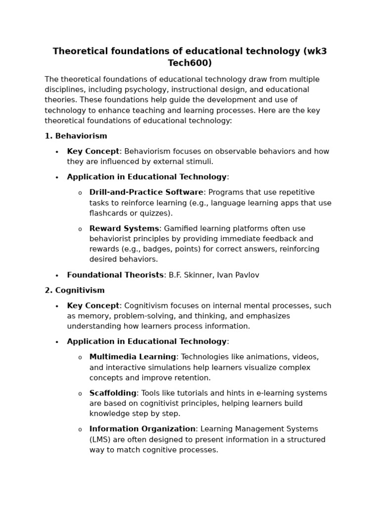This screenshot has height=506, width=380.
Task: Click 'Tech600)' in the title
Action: pyautogui.click(x=190, y=63)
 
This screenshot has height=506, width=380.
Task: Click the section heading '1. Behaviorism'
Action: pyautogui.click(x=76, y=136)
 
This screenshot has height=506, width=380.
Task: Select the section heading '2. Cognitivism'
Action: pyautogui.click(x=75, y=290)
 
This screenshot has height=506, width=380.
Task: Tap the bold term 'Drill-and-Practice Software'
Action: pyautogui.click(x=146, y=192)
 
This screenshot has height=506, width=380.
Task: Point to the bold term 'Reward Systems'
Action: pyautogui.click(x=124, y=228)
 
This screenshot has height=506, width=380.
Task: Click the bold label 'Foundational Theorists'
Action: pyautogui.click(x=115, y=275)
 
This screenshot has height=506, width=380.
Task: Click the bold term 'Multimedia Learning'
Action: pyautogui.click(x=133, y=357)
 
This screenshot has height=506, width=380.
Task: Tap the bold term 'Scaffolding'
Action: pyautogui.click(x=113, y=393)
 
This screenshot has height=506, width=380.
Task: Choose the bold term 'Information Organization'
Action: pyautogui.click(x=142, y=429)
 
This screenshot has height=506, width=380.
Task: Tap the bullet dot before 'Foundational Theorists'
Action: pyautogui.click(x=57, y=276)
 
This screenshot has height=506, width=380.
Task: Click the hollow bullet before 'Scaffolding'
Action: pyautogui.click(x=80, y=394)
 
